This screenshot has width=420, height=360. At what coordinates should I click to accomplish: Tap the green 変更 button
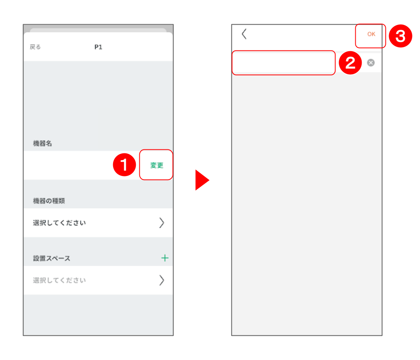coord(157,165)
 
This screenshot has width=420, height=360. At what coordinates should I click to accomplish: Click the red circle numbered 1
coord(125,165)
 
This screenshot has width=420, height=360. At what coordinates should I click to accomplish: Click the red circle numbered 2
coord(351,63)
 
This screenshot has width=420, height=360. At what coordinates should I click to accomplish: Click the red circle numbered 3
coord(401,36)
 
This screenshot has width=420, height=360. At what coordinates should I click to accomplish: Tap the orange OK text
coord(371,34)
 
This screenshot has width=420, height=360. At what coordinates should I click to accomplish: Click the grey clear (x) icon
coord(371,63)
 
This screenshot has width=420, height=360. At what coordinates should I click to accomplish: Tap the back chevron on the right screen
coord(244,34)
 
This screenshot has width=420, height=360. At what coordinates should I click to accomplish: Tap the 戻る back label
coord(35,47)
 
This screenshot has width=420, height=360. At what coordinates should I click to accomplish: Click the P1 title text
coord(98,47)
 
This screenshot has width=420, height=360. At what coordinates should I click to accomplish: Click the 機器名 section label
coord(42,143)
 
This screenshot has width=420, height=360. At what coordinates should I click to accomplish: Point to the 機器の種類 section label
coord(49,201)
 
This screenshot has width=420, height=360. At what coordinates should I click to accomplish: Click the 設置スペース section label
coord(52,258)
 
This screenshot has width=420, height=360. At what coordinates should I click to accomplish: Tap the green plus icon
coord(165,258)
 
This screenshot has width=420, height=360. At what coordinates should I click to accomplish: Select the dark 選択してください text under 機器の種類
coord(59,223)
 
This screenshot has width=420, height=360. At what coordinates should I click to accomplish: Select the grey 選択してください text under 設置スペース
coord(59,281)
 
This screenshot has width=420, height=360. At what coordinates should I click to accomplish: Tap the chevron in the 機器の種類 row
coord(162,223)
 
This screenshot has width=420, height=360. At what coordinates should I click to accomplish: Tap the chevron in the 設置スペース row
coord(162,281)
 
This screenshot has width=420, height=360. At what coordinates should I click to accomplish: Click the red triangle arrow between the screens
coord(202,180)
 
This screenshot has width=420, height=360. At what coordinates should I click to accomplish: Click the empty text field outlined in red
coord(284,63)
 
